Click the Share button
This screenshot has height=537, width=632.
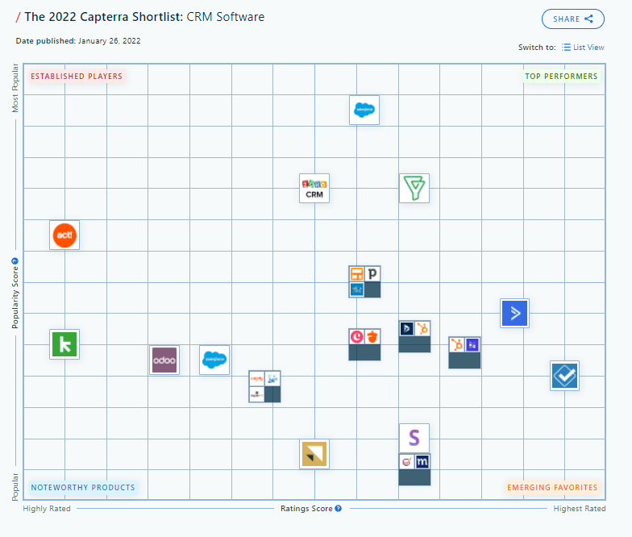(572, 19)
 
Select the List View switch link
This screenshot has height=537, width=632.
(583, 48)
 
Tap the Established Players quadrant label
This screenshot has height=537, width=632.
(77, 77)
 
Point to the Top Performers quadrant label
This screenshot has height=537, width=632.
(561, 77)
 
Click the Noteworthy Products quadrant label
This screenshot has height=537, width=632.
(83, 487)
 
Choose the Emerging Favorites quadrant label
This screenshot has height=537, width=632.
(552, 487)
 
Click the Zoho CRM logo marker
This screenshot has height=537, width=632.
(314, 188)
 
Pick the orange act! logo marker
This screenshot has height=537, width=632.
(64, 235)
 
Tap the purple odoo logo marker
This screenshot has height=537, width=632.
(164, 360)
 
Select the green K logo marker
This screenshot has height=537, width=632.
(64, 344)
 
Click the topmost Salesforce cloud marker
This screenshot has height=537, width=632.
(364, 110)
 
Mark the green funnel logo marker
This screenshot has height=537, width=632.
(414, 188)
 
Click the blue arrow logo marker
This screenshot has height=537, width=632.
(514, 313)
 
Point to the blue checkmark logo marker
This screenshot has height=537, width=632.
(564, 375)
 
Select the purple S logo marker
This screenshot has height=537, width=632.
(414, 438)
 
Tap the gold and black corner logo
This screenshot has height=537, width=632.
(314, 454)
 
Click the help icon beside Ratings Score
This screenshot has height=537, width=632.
(339, 509)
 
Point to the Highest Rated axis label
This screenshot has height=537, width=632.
(580, 509)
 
